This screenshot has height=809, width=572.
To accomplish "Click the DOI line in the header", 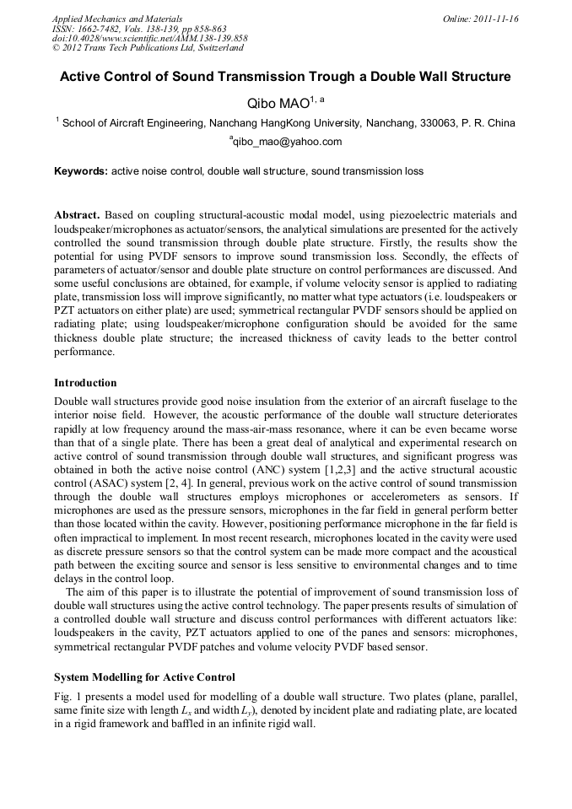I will (x=149, y=38).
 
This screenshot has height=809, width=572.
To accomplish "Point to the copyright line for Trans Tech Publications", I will (x=148, y=48).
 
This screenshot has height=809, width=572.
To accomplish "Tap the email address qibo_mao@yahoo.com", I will (x=287, y=142).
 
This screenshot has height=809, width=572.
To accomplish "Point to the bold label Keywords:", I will (x=81, y=171).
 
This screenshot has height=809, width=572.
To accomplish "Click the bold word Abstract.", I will (x=78, y=215).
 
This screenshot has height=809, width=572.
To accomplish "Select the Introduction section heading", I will (x=85, y=382).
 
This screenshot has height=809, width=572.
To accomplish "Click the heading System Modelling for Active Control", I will (x=144, y=677).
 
